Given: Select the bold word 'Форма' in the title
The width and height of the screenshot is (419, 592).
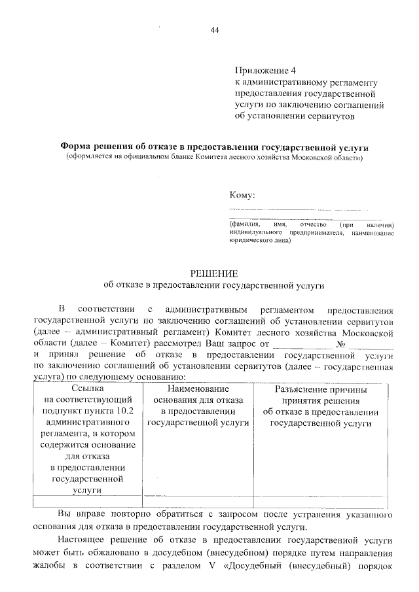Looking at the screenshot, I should pos(76,147).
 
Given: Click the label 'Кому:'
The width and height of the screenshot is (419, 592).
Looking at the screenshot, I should pos(242,195).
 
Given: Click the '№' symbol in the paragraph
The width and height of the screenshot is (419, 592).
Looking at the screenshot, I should pos(339,343).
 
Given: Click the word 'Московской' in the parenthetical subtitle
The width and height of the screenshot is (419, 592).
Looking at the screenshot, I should pos(316,158).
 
